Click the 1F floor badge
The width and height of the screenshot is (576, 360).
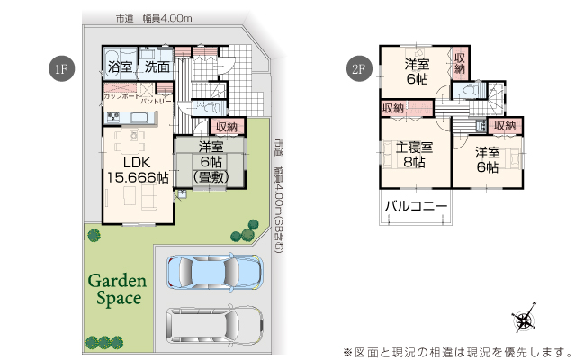(x=62, y=68)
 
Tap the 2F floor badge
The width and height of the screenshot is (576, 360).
(x=359, y=68)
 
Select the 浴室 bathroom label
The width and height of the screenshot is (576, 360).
(x=120, y=67)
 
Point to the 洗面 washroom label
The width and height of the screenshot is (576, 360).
(x=157, y=67)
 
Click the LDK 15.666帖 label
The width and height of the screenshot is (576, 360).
(x=138, y=170)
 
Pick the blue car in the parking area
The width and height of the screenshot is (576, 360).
(x=215, y=272)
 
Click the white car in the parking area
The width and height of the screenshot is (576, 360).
(x=215, y=325)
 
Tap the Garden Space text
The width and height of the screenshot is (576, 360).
(x=118, y=290)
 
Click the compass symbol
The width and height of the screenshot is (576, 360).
(x=524, y=319)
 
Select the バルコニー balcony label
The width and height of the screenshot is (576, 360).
(x=416, y=206)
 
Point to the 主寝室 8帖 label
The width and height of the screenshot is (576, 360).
(x=414, y=154)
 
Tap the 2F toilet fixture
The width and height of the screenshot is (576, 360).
(x=470, y=90)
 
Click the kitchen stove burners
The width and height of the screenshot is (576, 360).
(x=112, y=118)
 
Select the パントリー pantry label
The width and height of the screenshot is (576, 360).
(x=156, y=101)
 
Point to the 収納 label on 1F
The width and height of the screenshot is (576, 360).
(x=227, y=127)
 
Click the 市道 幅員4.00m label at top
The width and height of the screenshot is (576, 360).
(x=154, y=18)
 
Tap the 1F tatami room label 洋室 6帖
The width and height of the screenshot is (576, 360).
(x=211, y=162)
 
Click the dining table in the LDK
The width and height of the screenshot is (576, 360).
(x=130, y=141)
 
